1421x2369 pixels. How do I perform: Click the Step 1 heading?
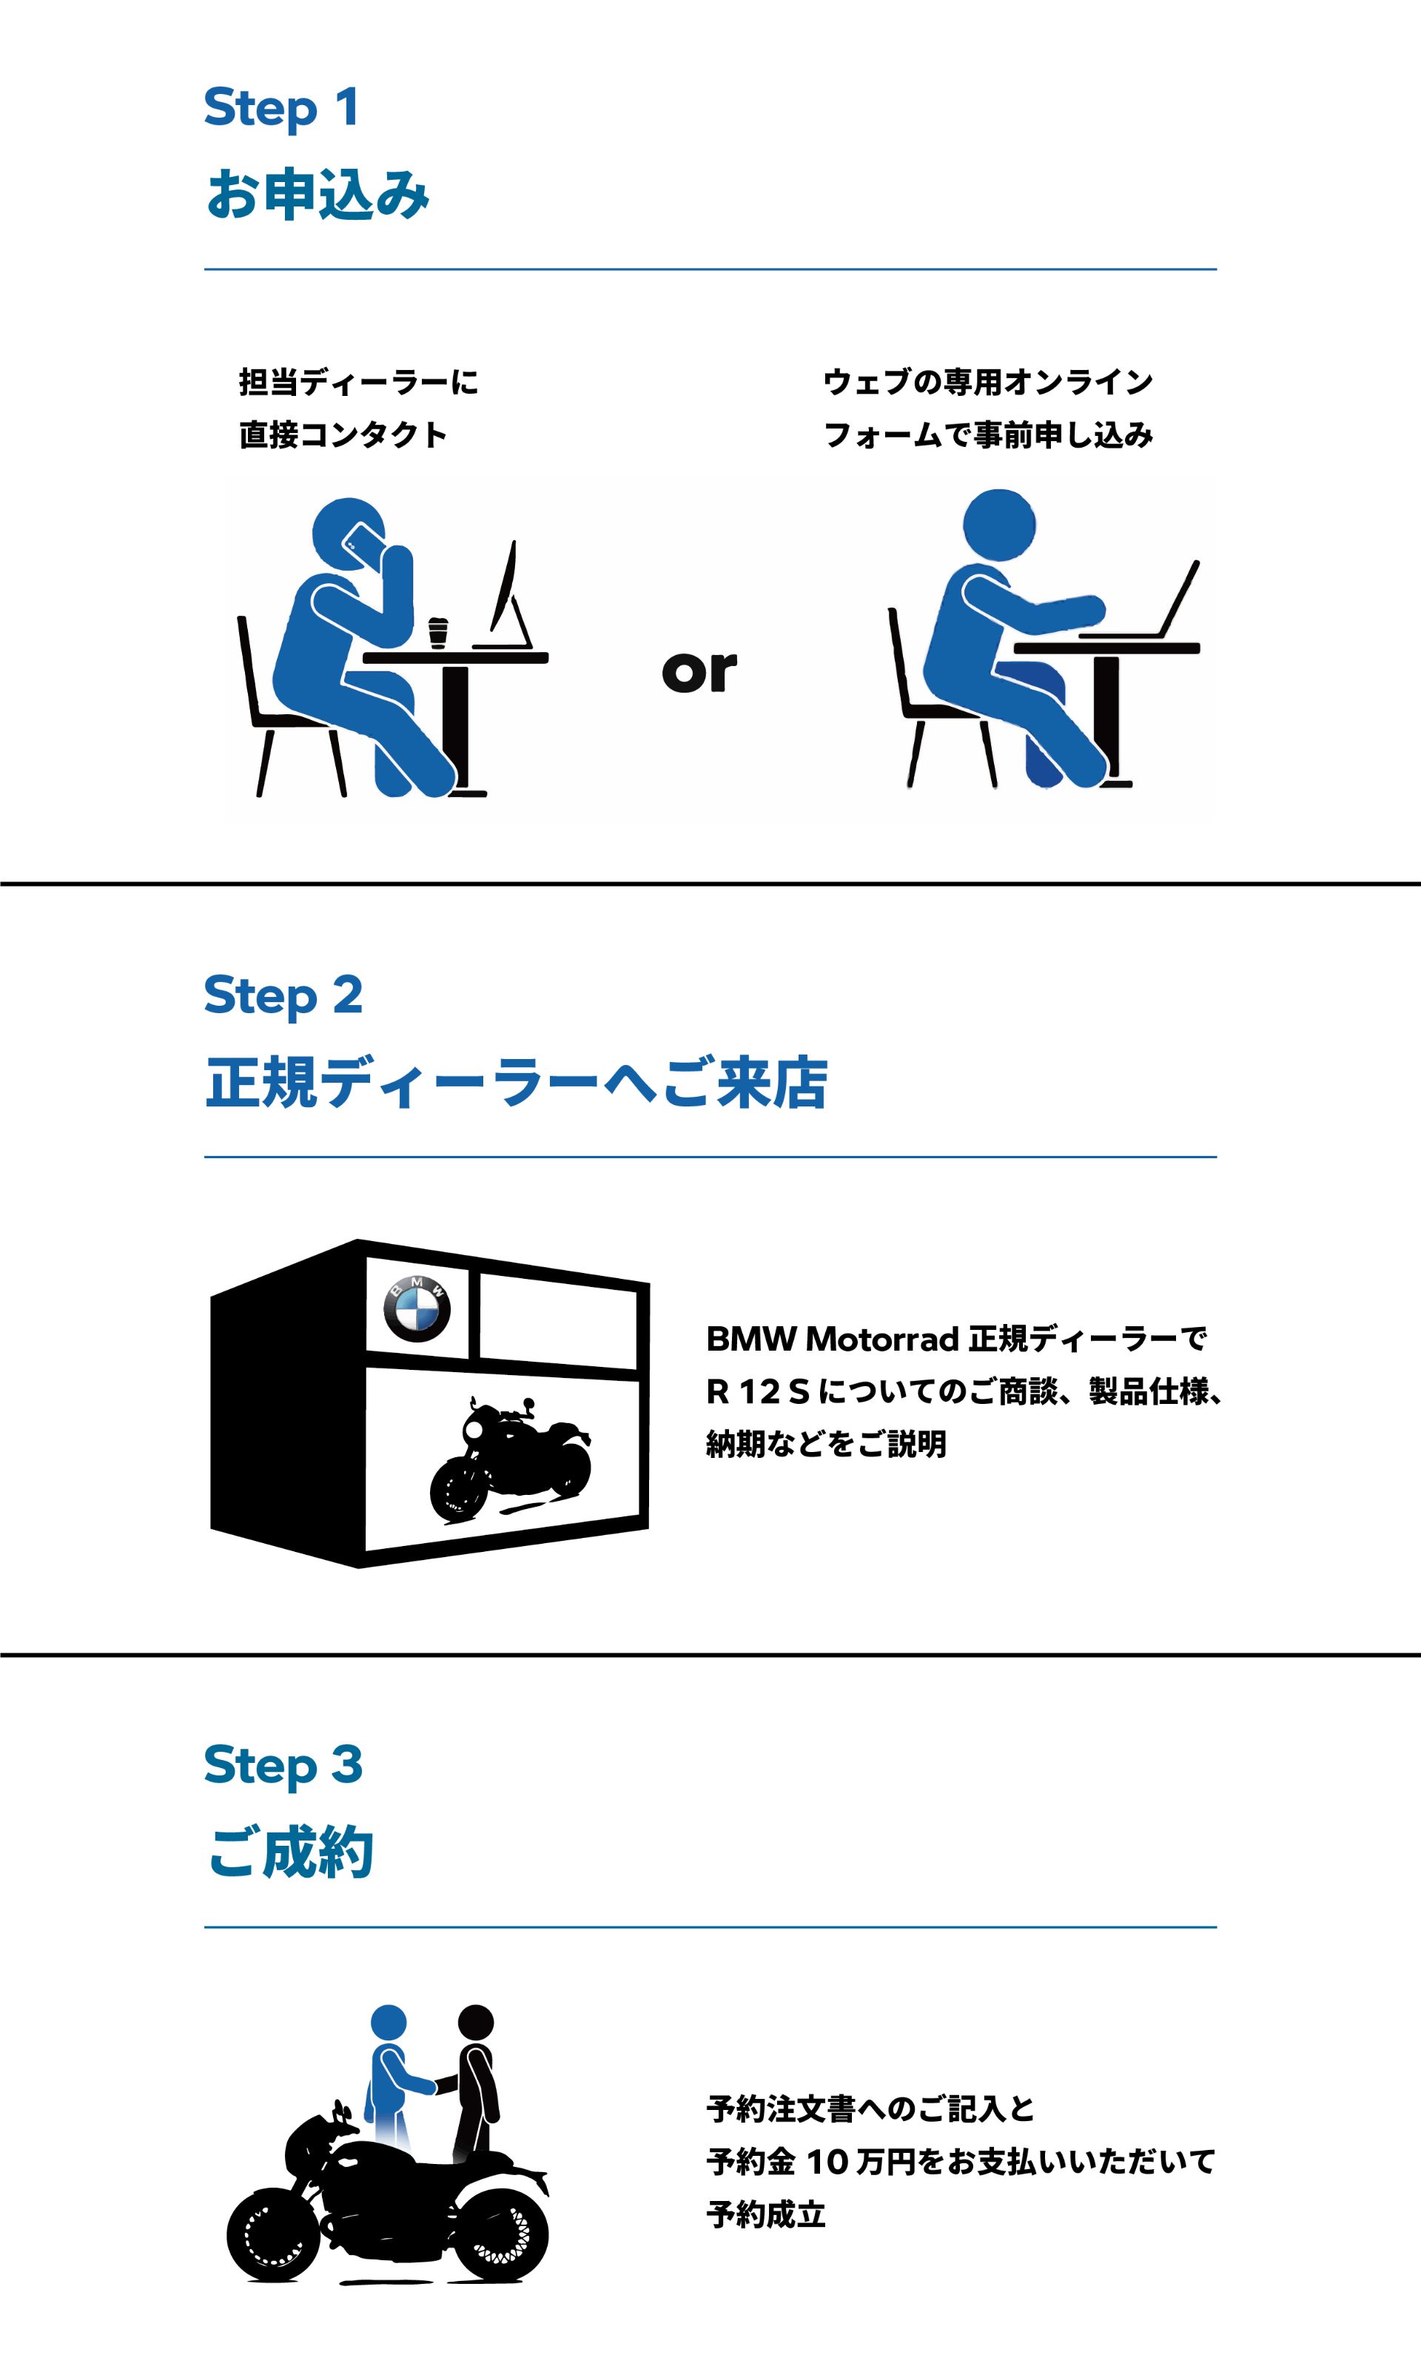[x=281, y=107]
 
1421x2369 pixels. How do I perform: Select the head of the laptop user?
[x=998, y=525]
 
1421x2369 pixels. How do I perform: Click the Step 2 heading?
[x=283, y=996]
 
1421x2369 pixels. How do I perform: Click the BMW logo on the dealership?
[x=417, y=1308]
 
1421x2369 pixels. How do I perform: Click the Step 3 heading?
[x=283, y=1765]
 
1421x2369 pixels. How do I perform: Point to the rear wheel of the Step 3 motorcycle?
[x=502, y=2232]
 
